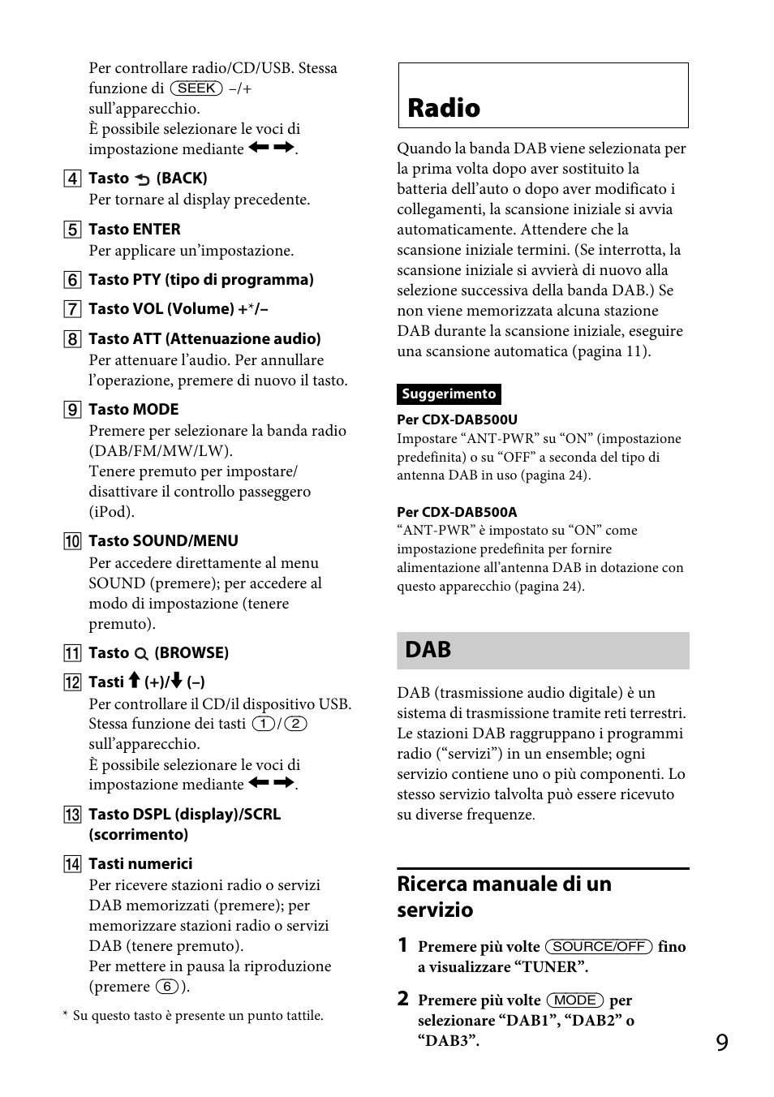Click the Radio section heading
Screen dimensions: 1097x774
(444, 108)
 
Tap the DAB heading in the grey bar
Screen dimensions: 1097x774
(428, 650)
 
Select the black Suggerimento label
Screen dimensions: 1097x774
(449, 394)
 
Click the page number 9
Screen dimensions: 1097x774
(722, 1043)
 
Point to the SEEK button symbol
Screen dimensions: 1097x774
(196, 88)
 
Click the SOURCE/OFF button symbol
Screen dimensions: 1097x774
(599, 947)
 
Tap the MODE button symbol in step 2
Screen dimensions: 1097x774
(575, 1000)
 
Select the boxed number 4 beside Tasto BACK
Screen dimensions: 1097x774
(73, 179)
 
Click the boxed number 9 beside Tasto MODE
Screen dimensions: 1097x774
(73, 410)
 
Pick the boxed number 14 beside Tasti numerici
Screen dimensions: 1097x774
(73, 864)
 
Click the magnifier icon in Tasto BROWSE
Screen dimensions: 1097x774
(141, 654)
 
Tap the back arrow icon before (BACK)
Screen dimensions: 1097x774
(143, 179)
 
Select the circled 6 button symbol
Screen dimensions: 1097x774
(166, 987)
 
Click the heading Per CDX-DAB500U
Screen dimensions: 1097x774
(457, 419)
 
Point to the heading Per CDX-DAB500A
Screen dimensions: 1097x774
(457, 512)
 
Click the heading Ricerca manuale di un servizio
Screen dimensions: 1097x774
(504, 897)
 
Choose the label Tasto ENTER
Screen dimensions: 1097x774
(134, 230)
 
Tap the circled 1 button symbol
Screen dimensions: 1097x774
(263, 724)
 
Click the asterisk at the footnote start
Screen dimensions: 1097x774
(65, 1015)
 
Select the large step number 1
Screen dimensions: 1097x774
(402, 946)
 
